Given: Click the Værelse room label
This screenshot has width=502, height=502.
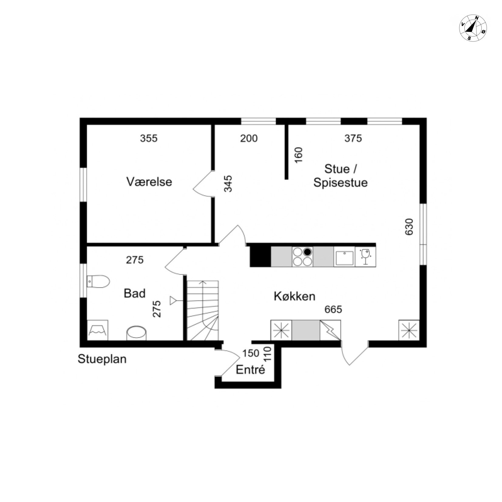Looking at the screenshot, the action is click(149, 182).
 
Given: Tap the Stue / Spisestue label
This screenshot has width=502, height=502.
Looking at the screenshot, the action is click(341, 175).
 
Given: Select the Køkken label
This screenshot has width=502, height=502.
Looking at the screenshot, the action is click(294, 296).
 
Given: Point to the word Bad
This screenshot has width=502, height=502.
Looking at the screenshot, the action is click(134, 293).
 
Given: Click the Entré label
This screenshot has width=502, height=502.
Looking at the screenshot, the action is click(250, 370).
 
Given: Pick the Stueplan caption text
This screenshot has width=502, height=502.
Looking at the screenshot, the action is click(102, 359).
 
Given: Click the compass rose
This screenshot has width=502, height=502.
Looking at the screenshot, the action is click(473, 28).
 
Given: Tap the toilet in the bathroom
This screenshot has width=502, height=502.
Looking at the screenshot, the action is click(98, 281).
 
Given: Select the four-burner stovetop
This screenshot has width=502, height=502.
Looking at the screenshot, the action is click(302, 257).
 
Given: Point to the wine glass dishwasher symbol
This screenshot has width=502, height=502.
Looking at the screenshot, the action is click(365, 257).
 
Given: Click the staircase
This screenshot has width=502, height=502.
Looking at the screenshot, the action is click(202, 310).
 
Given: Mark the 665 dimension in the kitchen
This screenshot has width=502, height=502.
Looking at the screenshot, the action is click(333, 309).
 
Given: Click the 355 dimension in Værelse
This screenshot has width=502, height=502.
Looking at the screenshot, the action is click(149, 138).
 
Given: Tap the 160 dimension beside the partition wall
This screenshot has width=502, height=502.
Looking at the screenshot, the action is click(299, 155).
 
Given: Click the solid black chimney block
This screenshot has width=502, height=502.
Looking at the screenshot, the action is click(260, 257).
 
